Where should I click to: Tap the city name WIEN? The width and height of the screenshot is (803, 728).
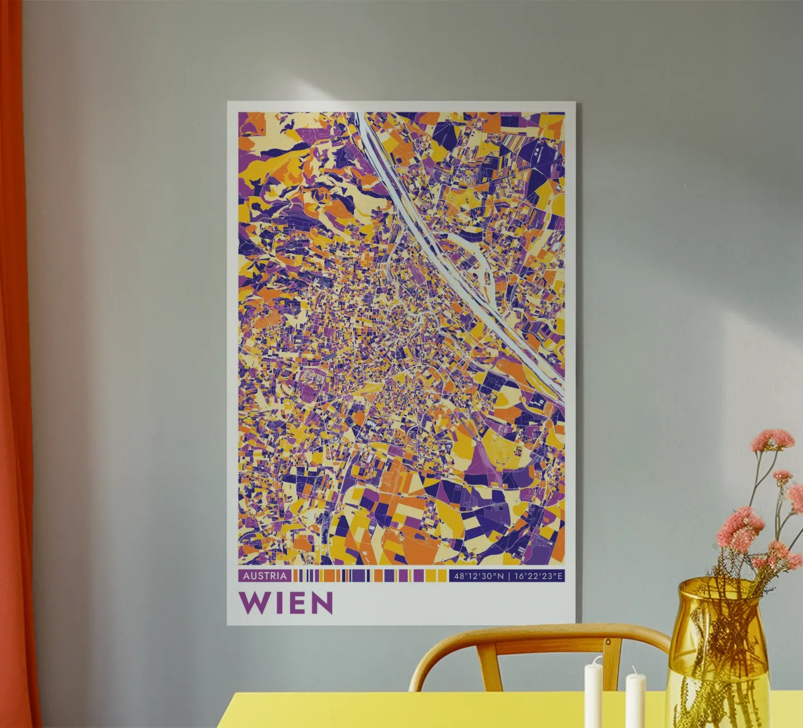[x=286, y=602]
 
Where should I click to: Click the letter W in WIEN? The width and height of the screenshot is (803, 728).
[x=252, y=602]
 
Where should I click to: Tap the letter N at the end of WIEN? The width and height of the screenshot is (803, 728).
[x=322, y=602]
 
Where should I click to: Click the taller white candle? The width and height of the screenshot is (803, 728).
[x=592, y=694]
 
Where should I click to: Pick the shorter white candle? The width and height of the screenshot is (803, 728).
[x=635, y=702]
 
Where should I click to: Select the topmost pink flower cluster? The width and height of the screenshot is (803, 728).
[x=773, y=440]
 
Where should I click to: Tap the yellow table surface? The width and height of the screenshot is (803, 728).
[x=402, y=711]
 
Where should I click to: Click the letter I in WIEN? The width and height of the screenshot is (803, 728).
[x=277, y=602]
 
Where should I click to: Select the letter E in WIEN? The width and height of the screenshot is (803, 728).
[x=297, y=602]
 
